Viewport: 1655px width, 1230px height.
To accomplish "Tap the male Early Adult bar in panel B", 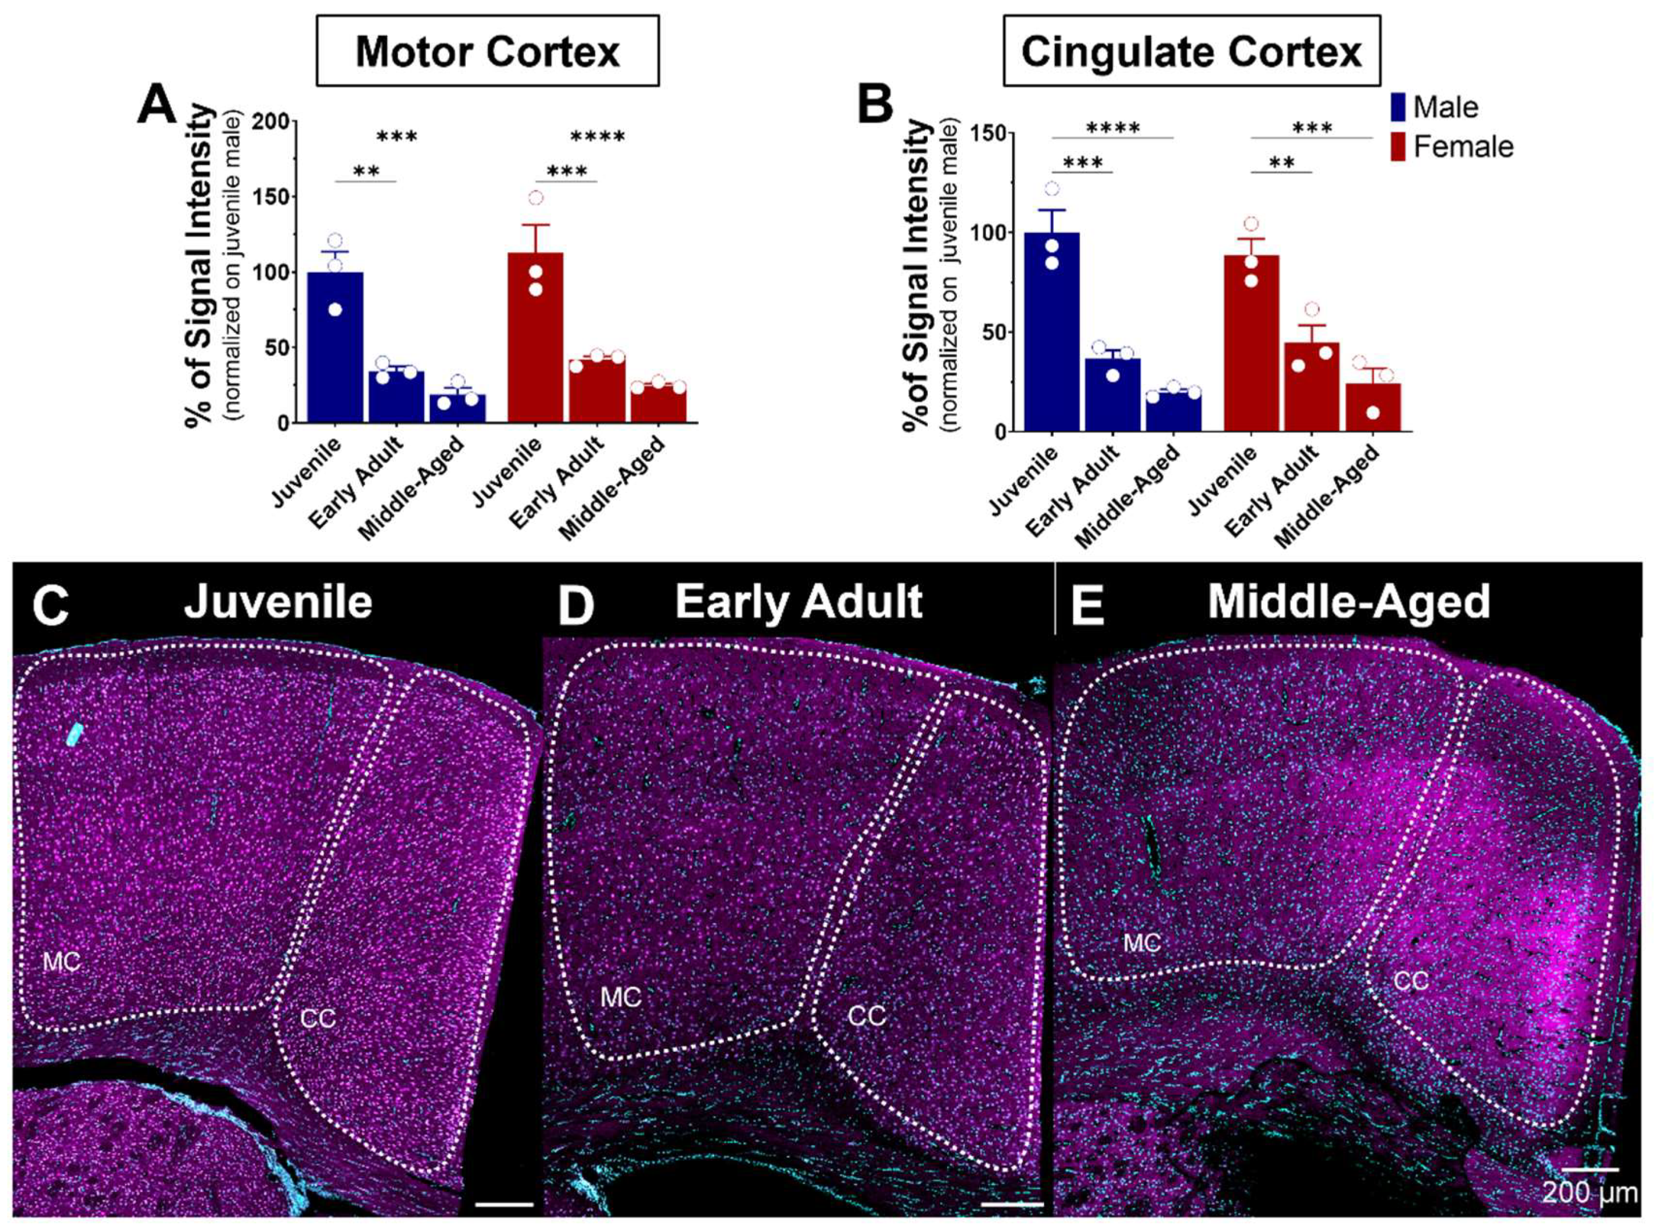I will tap(1112, 394).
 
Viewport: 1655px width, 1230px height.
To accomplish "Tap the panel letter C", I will tap(50, 604).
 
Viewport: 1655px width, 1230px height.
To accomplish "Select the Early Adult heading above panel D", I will tap(798, 602).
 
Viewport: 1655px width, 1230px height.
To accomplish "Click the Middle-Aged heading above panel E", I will tap(1348, 602).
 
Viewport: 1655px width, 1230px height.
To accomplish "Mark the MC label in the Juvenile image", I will tap(61, 962).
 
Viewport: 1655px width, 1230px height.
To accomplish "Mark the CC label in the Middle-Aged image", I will tap(1410, 981).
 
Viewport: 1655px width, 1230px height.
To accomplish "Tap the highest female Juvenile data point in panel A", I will tap(535, 198).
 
